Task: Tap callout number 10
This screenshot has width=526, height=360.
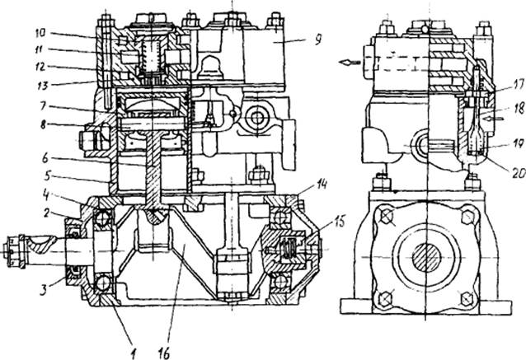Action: pyautogui.click(x=40, y=33)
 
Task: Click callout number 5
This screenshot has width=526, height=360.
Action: pyautogui.click(x=48, y=175)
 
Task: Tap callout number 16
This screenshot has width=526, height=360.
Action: pyautogui.click(x=164, y=352)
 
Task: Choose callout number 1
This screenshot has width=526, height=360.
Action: pyautogui.click(x=134, y=353)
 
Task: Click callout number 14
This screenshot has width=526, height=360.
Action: pyautogui.click(x=322, y=185)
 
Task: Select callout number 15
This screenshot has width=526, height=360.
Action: pyautogui.click(x=340, y=222)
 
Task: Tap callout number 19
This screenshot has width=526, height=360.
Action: pyautogui.click(x=517, y=144)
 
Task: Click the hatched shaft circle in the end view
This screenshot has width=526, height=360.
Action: pyautogui.click(x=426, y=257)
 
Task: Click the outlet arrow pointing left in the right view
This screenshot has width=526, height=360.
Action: pyautogui.click(x=350, y=63)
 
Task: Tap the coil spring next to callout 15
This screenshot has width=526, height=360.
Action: pyautogui.click(x=286, y=249)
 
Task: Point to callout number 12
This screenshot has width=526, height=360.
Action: pyautogui.click(x=40, y=67)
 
